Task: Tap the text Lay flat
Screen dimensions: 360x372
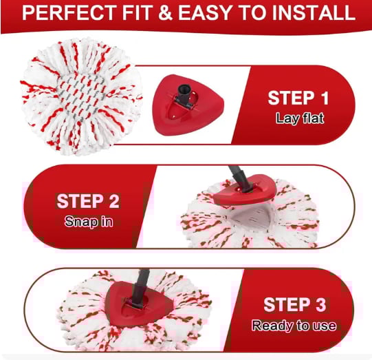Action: click(299, 118)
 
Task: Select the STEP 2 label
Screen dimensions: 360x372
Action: click(87, 202)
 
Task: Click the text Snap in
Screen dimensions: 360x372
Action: click(87, 222)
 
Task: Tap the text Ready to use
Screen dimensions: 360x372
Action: click(294, 325)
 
